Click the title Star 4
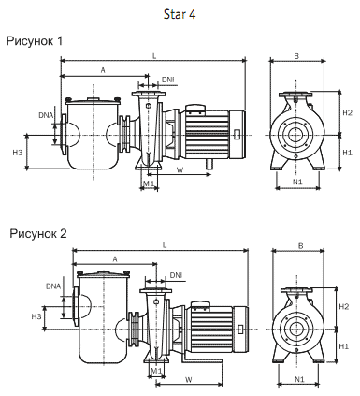180,14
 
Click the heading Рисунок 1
35,41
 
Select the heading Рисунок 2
38,233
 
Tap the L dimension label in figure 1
154,56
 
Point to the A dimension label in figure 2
115,259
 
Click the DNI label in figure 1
168,80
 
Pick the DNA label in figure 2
53,286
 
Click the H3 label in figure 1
18,153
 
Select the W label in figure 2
188,379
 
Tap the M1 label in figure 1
149,183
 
